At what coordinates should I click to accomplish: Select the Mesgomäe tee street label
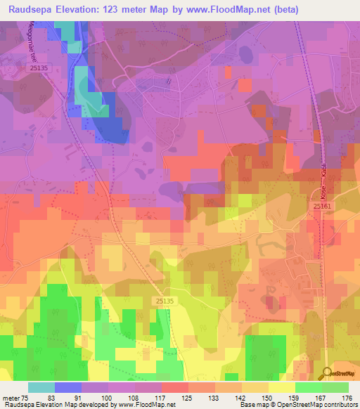pos(30,41)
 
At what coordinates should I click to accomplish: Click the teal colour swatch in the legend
pos(41,387)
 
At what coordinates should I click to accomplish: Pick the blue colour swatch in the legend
pos(68,387)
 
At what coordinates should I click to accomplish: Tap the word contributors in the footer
pos(337,405)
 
